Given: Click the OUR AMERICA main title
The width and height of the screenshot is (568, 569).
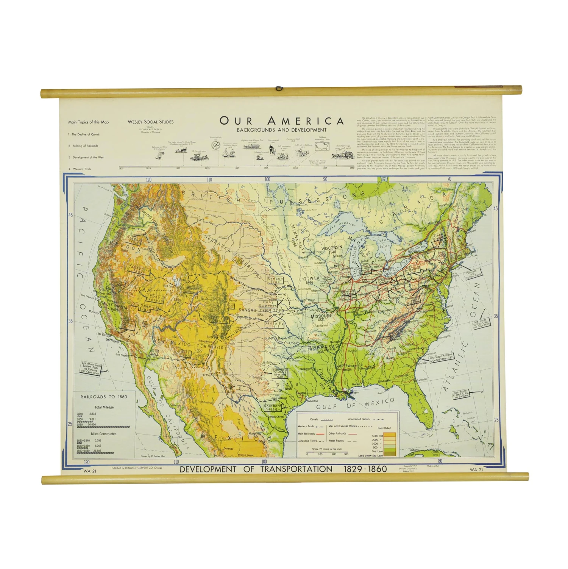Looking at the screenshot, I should pos(282,121).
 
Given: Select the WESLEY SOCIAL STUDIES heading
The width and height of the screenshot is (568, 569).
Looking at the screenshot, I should pos(150,122).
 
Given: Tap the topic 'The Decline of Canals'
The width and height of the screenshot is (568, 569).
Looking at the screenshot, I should pos(86,134).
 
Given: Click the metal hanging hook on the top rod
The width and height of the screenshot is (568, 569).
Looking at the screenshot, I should pos(279,89).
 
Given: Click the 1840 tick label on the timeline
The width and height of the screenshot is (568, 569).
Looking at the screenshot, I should pos(236,168).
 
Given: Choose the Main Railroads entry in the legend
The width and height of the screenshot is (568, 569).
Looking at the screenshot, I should pos(306,434).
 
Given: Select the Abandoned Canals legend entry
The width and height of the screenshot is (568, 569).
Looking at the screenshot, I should pos(359,419).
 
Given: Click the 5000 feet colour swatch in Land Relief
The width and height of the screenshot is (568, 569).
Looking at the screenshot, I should pos(390,435).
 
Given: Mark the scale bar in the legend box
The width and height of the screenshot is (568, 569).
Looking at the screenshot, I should pos(327,452).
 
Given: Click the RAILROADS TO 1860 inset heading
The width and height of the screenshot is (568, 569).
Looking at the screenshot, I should pos(104,397).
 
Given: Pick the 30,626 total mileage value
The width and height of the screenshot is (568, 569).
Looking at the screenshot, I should pos(92,425).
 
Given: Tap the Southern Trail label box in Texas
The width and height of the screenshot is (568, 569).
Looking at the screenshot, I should pos(273,407).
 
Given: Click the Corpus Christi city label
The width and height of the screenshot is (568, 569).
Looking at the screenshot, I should pos(275,417).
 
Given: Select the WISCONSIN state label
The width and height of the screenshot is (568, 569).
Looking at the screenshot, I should pos(332,247).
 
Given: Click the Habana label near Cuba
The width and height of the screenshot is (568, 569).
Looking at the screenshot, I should pos(414,450).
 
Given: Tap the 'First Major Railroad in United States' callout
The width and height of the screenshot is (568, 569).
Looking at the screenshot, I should pos(441,358).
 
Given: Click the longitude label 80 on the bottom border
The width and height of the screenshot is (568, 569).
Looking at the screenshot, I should pos(440,461).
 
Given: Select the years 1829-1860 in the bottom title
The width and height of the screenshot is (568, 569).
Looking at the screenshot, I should pos(365,469).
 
